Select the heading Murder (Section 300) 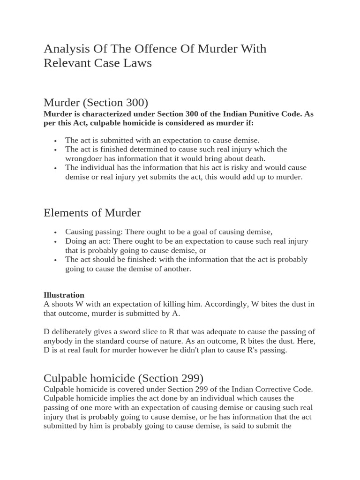coord(96,103)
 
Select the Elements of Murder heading coord(92,213)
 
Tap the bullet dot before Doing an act coord(55,241)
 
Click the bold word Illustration coord(64,295)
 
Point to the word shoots coord(63,304)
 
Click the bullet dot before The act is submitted coord(55,141)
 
